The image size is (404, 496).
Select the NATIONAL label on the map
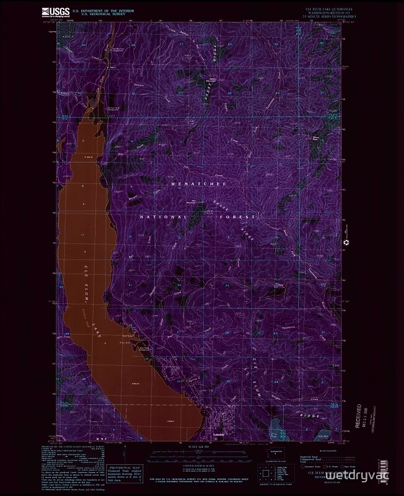(162, 218)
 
